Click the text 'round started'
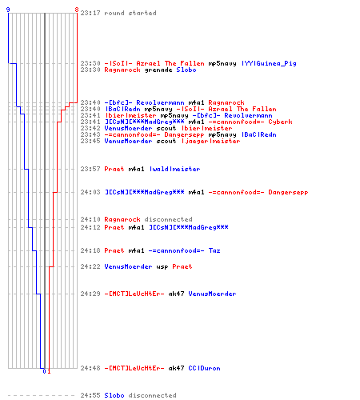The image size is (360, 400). tap(130, 13)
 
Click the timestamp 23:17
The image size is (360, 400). tap(90, 13)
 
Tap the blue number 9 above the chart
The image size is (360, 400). tap(8, 10)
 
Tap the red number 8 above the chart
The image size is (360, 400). tap(77, 10)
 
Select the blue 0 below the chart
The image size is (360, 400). tap(44, 371)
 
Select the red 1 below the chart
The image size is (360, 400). tap(49, 371)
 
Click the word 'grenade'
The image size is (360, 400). tap(158, 70)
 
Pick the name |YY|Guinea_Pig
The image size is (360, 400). tap(269, 63)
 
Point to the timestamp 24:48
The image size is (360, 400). tap(90, 368)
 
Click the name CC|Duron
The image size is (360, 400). tap(204, 368)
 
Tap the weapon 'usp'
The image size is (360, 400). tap(162, 267)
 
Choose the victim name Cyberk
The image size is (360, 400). tap(280, 122)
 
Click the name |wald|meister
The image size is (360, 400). tap(174, 169)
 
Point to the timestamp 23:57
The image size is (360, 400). tap(90, 169)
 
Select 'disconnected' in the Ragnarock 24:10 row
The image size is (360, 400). tap(168, 219)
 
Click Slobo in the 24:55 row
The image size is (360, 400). tap(114, 395)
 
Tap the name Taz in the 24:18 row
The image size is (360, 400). tap(214, 250)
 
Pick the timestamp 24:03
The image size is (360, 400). tap(90, 192)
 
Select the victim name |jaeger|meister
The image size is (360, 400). tap(210, 141)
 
